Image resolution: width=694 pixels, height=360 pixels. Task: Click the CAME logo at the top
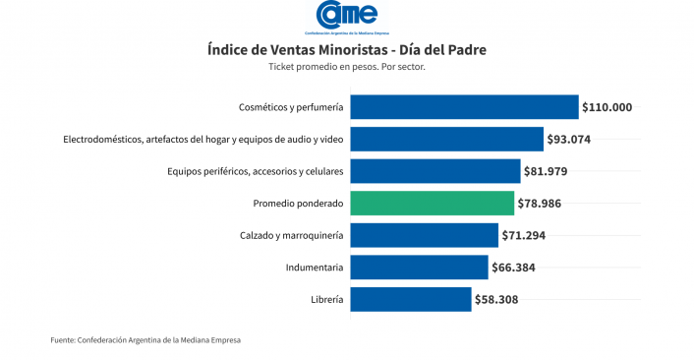[347, 17]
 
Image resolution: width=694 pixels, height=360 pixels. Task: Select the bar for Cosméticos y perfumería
[464, 106]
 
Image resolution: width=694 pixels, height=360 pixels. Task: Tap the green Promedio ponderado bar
[433, 204]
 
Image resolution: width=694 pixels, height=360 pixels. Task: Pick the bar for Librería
[411, 299]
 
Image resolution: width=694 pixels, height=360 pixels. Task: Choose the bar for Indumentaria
[419, 267]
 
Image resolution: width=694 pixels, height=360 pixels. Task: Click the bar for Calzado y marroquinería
[425, 235]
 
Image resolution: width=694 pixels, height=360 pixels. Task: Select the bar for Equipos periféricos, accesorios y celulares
[435, 171]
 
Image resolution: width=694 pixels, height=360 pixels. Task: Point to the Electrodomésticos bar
[447, 139]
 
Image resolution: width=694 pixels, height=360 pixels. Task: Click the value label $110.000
[607, 107]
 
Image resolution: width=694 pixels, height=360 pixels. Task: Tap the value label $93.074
[569, 140]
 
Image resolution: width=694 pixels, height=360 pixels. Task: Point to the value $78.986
[539, 204]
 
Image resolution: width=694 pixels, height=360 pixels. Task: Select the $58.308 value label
[496, 300]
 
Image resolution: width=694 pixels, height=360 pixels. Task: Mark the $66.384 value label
[513, 268]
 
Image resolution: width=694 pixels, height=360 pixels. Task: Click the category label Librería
[326, 299]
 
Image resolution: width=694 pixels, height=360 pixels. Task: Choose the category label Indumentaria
[315, 268]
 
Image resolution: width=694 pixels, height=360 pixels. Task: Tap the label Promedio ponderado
[298, 204]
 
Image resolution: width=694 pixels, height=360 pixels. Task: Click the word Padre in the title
[465, 49]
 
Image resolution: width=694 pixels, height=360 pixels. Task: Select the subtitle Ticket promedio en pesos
[323, 67]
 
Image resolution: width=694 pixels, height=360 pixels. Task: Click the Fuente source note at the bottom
[145, 340]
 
